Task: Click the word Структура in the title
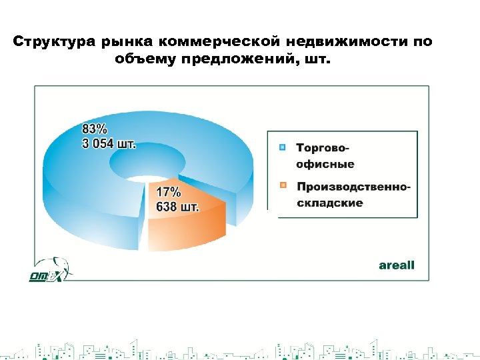point(55,42)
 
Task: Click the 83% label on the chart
point(95,128)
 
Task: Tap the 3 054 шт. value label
point(109,143)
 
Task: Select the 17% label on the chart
point(168,192)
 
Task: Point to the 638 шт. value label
point(177,207)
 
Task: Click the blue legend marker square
point(283,147)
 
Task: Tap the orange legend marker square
point(283,185)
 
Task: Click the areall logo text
point(397,265)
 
